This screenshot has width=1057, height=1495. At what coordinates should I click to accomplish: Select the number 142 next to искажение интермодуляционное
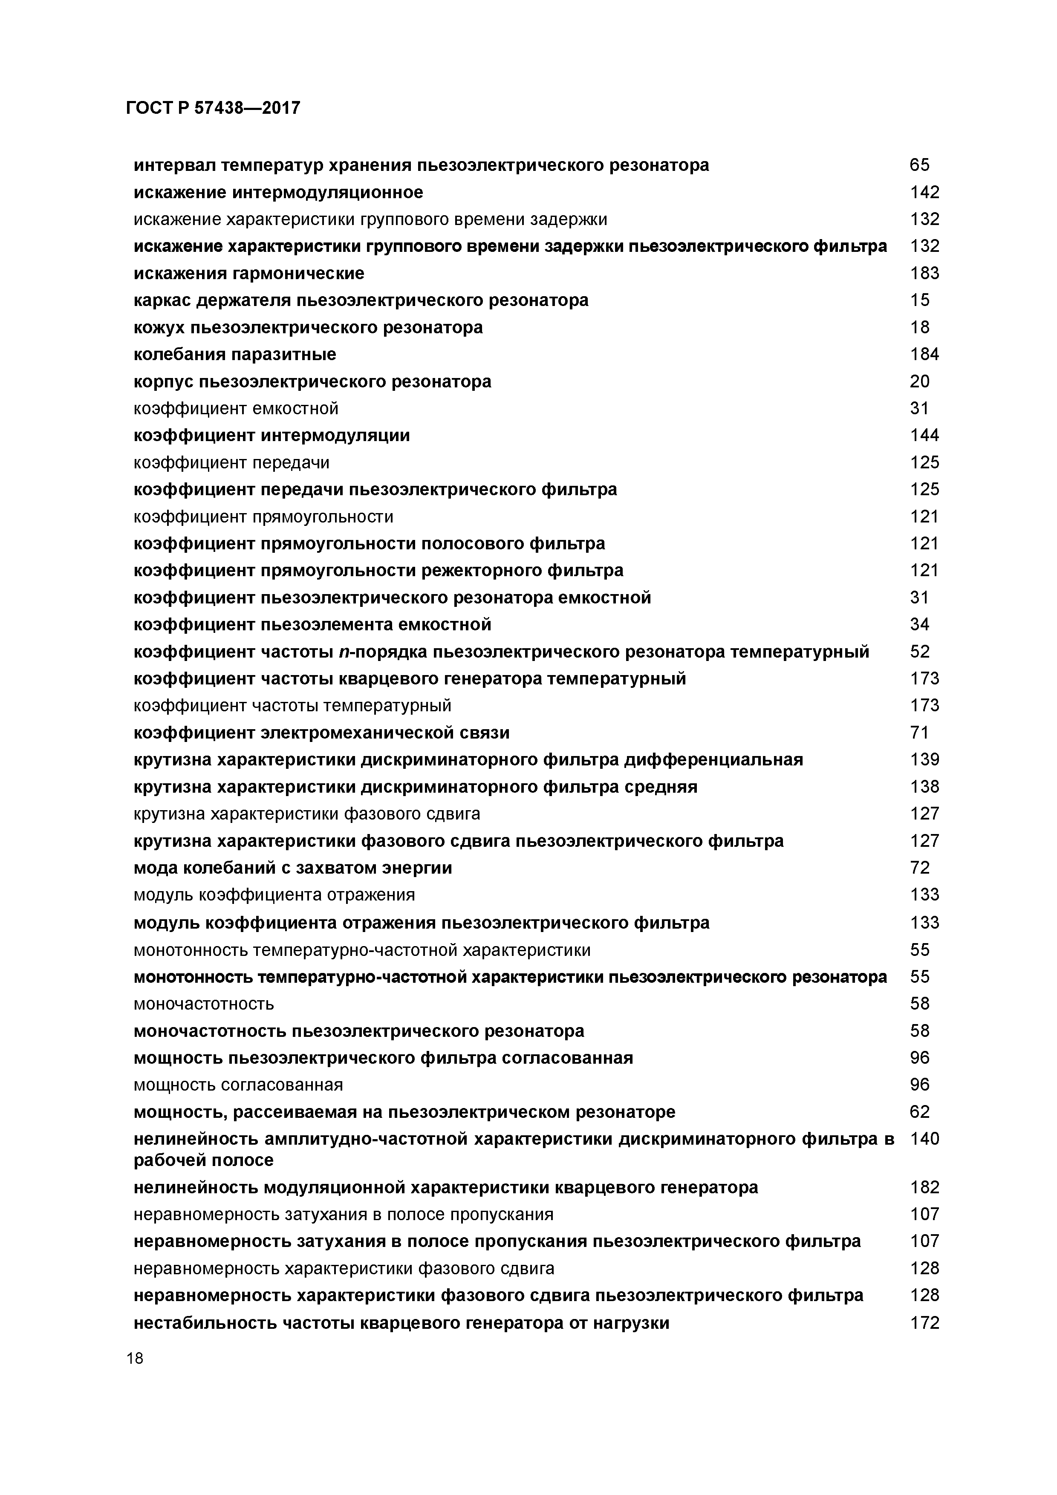pos(924,192)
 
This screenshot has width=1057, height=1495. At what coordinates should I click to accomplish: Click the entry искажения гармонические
pos(249,274)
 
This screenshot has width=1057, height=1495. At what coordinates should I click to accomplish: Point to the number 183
pos(924,274)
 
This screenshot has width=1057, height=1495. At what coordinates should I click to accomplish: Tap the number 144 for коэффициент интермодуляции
pos(924,436)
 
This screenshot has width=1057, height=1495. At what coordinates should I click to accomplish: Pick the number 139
pos(924,760)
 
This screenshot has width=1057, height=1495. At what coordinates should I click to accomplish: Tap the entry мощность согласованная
pos(238,1085)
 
